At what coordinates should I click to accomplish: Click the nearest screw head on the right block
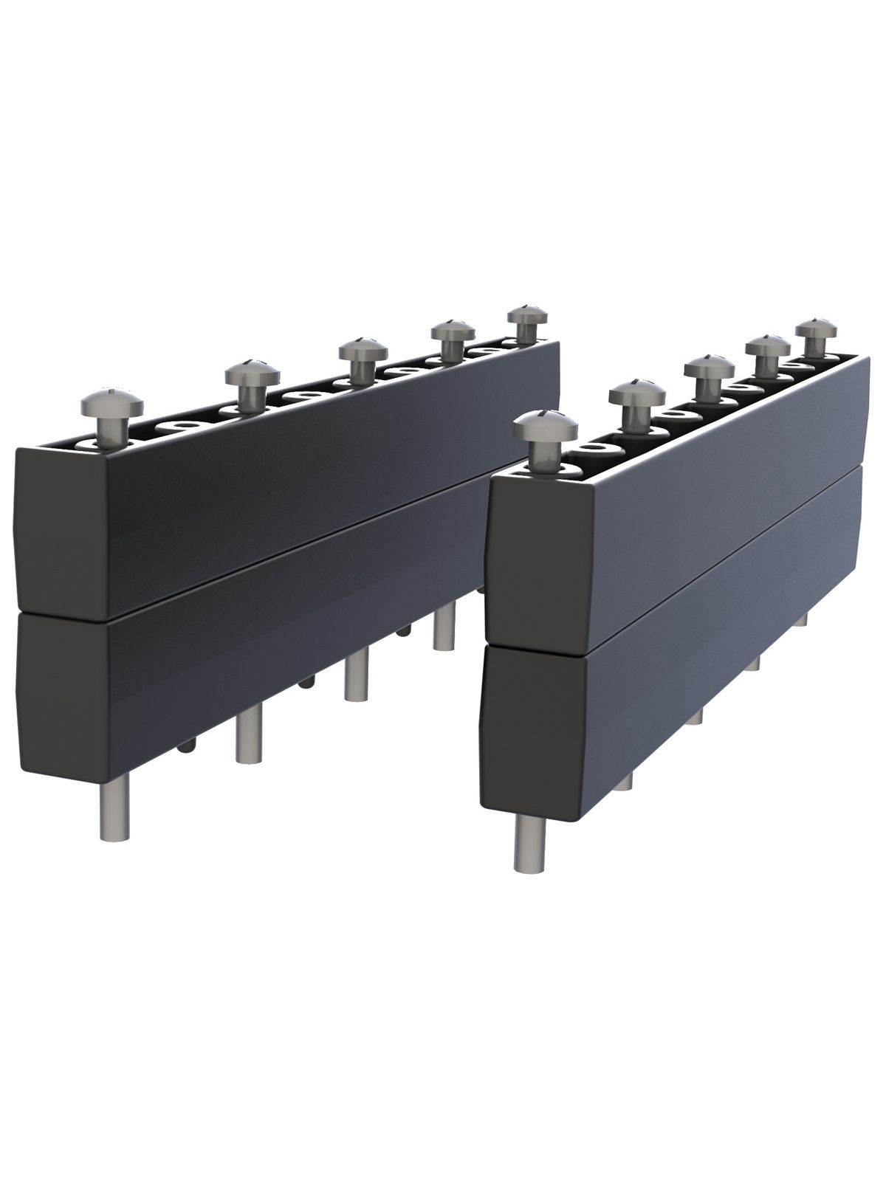(545, 430)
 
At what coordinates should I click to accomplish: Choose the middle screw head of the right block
(708, 367)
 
